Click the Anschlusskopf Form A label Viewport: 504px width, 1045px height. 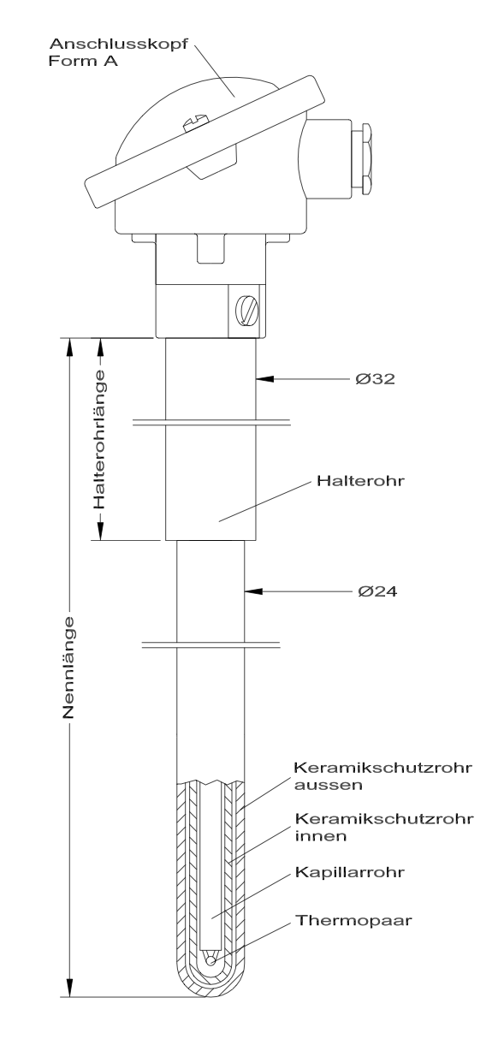click(x=118, y=52)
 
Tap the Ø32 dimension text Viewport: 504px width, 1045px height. click(x=376, y=378)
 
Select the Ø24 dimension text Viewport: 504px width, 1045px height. click(x=377, y=591)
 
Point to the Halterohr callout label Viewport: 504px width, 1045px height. click(x=360, y=480)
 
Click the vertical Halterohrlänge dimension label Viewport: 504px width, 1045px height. click(x=99, y=439)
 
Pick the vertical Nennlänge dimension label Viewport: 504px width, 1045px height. click(x=68, y=668)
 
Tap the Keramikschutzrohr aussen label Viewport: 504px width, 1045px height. click(x=382, y=775)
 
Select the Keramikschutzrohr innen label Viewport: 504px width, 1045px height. click(x=384, y=827)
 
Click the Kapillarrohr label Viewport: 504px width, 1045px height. click(x=349, y=872)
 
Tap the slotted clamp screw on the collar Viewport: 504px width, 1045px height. click(x=247, y=311)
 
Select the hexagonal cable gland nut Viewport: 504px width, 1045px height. click(x=367, y=158)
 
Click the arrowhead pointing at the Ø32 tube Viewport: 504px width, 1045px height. click(x=264, y=379)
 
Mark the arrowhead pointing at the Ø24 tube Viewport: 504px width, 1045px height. click(x=253, y=591)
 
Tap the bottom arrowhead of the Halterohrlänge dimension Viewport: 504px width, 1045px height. click(x=100, y=531)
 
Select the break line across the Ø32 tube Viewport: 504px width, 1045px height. click(x=211, y=423)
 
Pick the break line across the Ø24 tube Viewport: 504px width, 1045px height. click(x=210, y=645)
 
